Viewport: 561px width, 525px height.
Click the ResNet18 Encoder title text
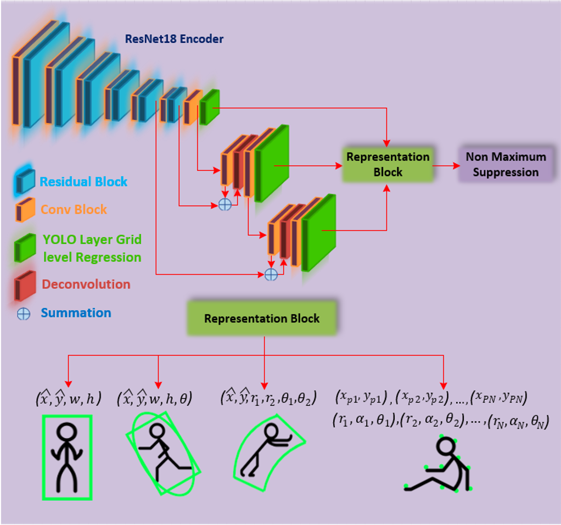[174, 38]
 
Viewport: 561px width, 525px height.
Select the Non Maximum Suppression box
[506, 164]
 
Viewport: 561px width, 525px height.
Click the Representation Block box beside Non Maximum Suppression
[388, 164]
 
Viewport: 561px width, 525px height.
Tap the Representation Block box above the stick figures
[262, 318]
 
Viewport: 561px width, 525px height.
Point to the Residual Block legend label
[83, 182]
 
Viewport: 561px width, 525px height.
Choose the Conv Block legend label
[74, 209]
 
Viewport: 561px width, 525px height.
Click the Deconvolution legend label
[86, 284]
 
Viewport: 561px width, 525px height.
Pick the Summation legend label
[76, 313]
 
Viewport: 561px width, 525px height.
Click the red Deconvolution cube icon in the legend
[25, 286]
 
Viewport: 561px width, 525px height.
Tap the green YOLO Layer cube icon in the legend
[25, 248]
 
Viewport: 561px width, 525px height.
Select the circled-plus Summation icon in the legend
[24, 314]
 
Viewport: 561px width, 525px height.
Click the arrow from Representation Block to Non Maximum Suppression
[446, 166]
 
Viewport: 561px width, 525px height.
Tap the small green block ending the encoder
[209, 107]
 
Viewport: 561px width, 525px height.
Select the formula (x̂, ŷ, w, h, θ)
[155, 397]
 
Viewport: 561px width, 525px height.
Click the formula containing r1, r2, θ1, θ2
[268, 397]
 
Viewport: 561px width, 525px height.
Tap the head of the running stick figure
[156, 431]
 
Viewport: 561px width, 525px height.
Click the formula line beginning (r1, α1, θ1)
[440, 421]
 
